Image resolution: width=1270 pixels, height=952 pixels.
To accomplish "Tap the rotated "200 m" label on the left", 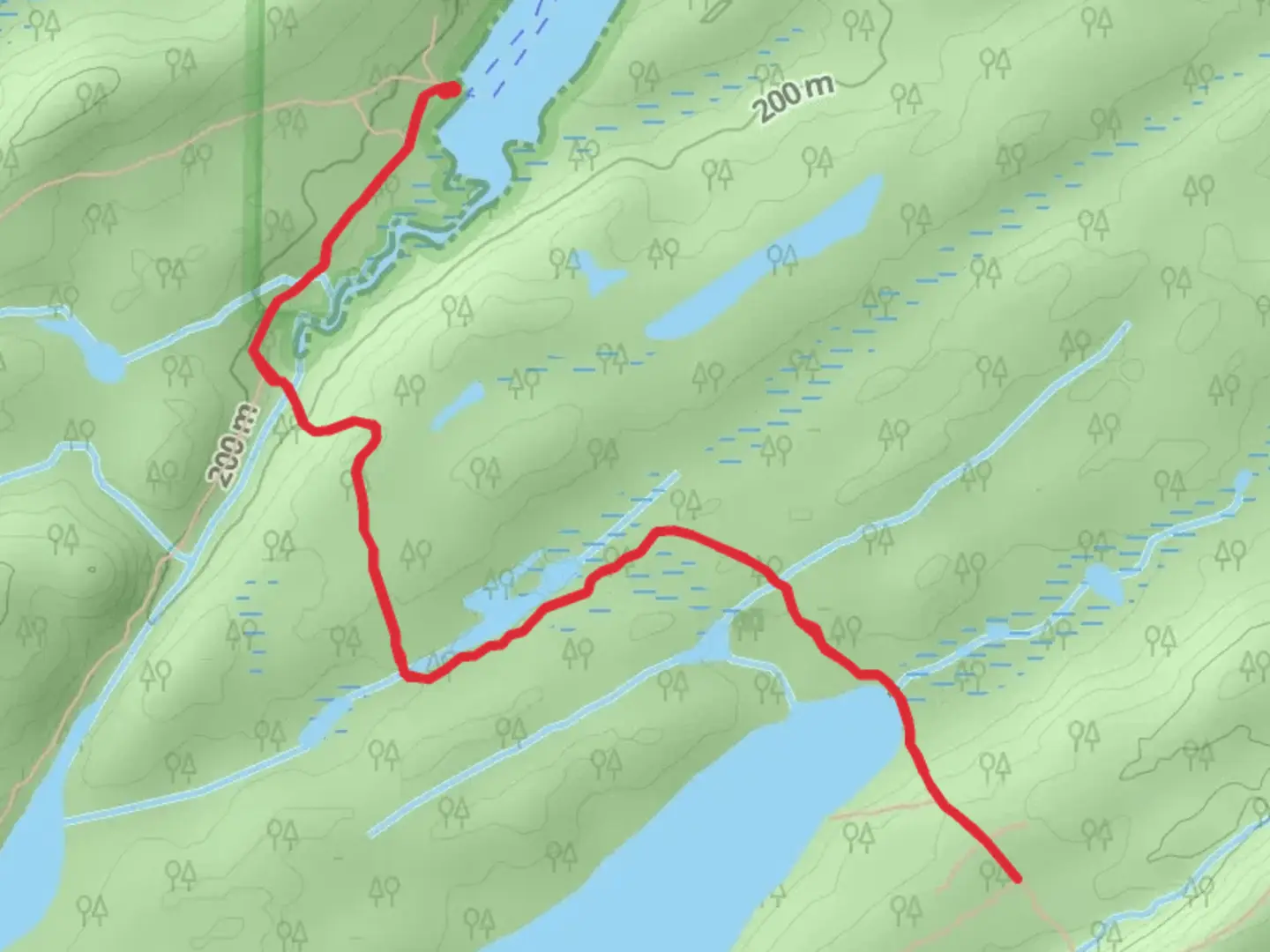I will tap(230, 445).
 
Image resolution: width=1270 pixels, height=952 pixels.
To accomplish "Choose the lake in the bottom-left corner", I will tap(31, 846).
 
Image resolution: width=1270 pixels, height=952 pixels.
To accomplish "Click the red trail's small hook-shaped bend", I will tap(370, 434).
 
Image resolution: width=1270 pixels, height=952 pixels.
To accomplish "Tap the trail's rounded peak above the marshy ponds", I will tap(669, 531).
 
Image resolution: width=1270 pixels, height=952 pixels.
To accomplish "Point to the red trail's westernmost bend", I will tap(254, 351).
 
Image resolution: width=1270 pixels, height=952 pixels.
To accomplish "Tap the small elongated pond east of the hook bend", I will tap(459, 405).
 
